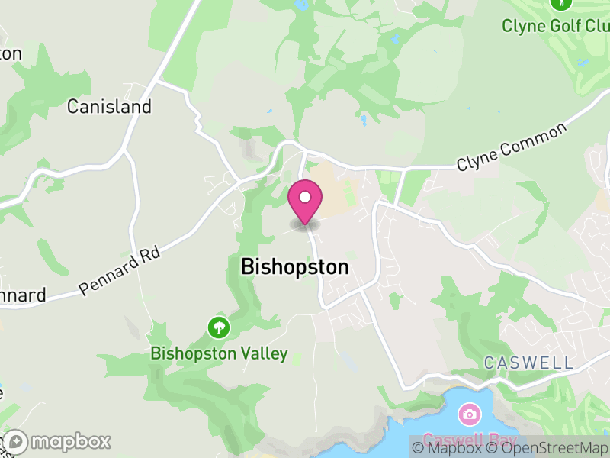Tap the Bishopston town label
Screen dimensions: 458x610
pyautogui.click(x=294, y=267)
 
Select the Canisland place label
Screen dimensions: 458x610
pyautogui.click(x=109, y=106)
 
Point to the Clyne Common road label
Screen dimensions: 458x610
pyautogui.click(x=512, y=147)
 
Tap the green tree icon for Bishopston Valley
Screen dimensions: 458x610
pyautogui.click(x=219, y=328)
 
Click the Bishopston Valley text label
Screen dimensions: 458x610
pyautogui.click(x=219, y=353)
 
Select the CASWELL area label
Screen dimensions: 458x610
pyautogui.click(x=528, y=363)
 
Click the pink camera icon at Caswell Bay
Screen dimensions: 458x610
pyautogui.click(x=469, y=414)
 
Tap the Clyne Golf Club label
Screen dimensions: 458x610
pyautogui.click(x=555, y=26)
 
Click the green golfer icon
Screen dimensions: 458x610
pyautogui.click(x=560, y=4)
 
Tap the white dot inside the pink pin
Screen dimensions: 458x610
pyautogui.click(x=305, y=198)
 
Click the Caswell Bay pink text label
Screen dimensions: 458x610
pyautogui.click(x=468, y=440)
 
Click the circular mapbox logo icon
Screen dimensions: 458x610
pyautogui.click(x=15, y=442)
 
